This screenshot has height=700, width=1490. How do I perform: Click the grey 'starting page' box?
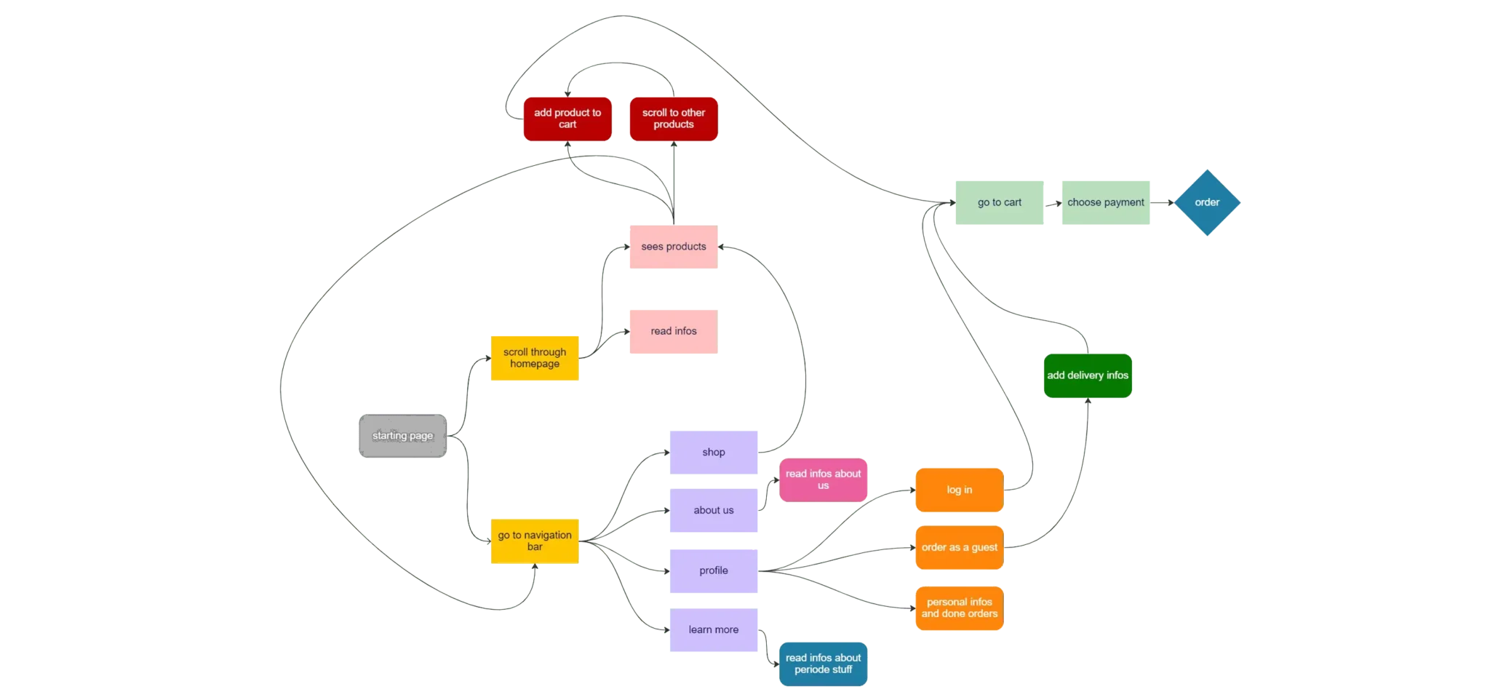pos(402,436)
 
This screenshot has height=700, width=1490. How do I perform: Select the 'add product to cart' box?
pos(567,119)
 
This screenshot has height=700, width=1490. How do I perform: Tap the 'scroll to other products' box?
pos(674,119)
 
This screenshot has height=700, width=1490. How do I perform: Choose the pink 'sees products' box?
pos(674,247)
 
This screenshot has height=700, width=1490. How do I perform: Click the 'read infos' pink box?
pos(674,331)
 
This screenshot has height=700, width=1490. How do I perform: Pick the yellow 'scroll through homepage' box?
pos(535,358)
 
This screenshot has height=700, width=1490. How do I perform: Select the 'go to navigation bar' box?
pos(535,541)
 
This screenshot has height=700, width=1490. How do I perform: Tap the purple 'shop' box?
pos(714,452)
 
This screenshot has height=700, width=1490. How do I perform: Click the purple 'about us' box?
pos(714,510)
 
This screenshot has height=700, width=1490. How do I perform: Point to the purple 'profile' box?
pos(714,570)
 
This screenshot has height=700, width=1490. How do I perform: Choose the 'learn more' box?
pos(714,630)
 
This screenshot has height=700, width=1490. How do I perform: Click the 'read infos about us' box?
pos(823,480)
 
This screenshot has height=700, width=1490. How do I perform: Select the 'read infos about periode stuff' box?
pos(823,664)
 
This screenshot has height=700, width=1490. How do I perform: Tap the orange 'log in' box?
pos(960,490)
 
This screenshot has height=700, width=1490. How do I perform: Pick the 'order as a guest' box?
pos(960,547)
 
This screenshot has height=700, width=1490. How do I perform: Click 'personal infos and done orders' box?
pos(960,608)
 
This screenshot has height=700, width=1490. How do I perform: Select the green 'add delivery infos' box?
pos(1088,375)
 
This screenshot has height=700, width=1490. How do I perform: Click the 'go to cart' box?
pos(1000,203)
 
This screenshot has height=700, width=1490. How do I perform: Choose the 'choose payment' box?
pos(1105,203)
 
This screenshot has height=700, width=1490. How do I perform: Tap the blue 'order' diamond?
pos(1207,203)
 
